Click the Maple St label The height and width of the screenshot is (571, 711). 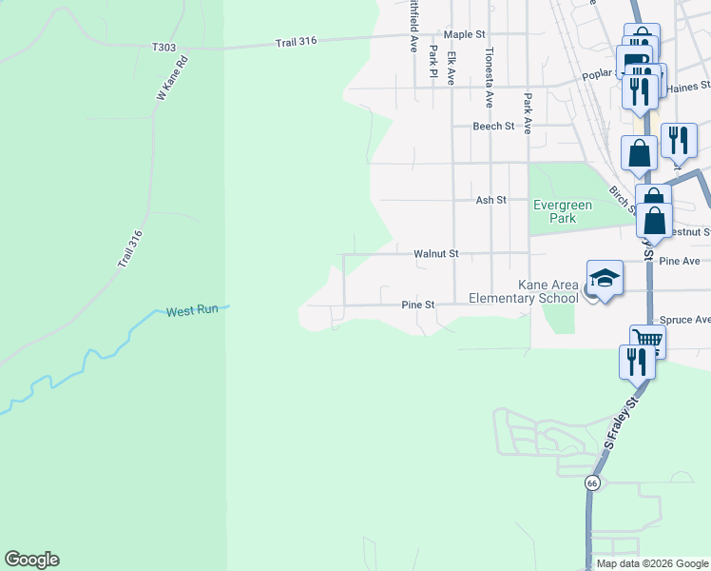click(465, 34)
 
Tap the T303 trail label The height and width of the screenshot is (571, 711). click(163, 47)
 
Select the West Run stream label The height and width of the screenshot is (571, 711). click(193, 311)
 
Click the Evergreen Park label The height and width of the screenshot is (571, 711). click(562, 211)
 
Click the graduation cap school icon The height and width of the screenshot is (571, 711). click(605, 278)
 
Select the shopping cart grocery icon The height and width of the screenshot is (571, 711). click(647, 340)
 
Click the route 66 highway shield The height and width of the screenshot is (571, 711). click(592, 483)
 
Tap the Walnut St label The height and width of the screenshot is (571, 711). click(436, 254)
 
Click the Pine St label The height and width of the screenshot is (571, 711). click(417, 305)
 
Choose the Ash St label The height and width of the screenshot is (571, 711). click(491, 201)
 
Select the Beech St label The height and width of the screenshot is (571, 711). click(493, 126)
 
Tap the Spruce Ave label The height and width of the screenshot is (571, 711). click(689, 320)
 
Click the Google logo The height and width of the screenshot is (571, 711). click(31, 560)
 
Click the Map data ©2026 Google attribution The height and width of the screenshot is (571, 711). click(651, 563)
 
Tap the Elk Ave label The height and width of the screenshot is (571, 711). click(452, 69)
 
